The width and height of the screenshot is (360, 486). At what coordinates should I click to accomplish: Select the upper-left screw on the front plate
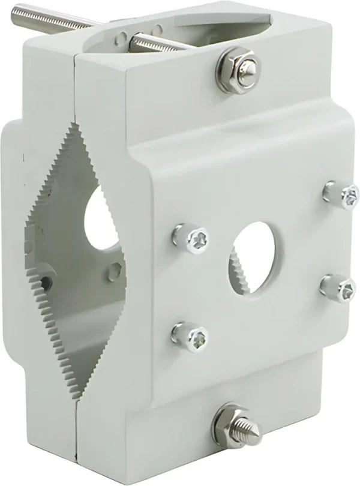pyautogui.click(x=191, y=238)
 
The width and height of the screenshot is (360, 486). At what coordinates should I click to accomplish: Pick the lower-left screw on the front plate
pyautogui.click(x=191, y=336)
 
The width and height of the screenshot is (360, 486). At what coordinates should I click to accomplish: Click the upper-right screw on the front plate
pyautogui.click(x=342, y=195)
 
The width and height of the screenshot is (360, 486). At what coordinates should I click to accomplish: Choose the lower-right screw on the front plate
pyautogui.click(x=338, y=288)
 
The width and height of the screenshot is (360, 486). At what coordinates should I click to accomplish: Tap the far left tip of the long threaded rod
pyautogui.click(x=16, y=11)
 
